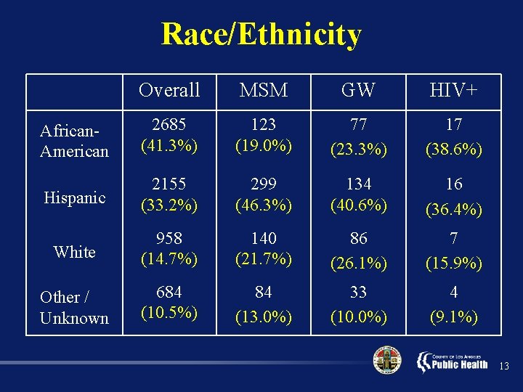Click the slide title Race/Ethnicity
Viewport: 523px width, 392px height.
[x=261, y=34]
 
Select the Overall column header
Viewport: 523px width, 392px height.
[x=169, y=91]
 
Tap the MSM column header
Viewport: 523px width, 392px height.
[x=263, y=91]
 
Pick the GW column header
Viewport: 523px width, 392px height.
[x=358, y=91]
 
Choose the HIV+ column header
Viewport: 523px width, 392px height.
[x=454, y=91]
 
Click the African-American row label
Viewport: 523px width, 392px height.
[x=74, y=142]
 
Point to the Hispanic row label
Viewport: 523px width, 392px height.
[x=74, y=197]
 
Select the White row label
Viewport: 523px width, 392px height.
[x=74, y=252]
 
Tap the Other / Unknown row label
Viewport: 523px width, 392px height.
[x=74, y=308]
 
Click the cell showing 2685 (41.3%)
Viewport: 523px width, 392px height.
[x=169, y=135]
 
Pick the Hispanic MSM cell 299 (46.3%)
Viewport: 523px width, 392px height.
[x=263, y=195]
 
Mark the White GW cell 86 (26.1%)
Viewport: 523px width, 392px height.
[x=358, y=250]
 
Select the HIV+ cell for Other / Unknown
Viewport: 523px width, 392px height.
[x=454, y=304]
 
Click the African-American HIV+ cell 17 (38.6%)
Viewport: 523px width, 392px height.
[x=454, y=138]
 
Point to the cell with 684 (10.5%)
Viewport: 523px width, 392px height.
[x=169, y=301]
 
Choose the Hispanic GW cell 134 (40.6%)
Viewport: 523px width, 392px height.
[x=358, y=195]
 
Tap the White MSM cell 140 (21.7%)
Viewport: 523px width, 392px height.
[x=263, y=249]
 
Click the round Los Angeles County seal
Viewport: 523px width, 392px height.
[x=386, y=361]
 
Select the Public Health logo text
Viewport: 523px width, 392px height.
[x=458, y=364]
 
